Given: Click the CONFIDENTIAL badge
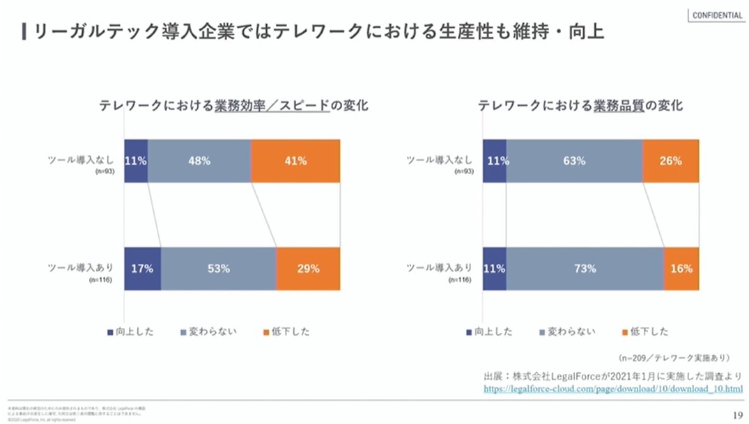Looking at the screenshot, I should pos(718,15).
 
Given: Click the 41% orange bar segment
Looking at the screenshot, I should pos(295,161).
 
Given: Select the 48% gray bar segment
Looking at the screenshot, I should pos(199,161).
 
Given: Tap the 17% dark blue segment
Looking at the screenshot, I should pos(142,268).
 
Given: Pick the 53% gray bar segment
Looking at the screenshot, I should pos(218,268).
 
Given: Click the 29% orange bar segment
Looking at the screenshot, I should pos(308,268).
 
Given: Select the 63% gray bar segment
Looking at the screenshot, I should pos(574,161).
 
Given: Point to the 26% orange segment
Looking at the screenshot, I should pos(670,161).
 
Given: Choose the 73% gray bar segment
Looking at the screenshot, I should pos(585,268).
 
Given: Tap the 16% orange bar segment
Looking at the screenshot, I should pos(681,268).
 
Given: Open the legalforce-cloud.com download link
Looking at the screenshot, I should pos(613,388).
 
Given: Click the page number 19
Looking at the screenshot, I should pos(737,415).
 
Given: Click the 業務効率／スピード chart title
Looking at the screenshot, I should pos(233,106).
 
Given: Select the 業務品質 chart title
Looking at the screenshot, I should pos(580,106).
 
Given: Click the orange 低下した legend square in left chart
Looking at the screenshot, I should pos(265,332).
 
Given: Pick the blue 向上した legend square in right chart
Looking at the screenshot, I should pos(470,332).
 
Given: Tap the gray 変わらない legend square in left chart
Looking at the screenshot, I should pos(183,332).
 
